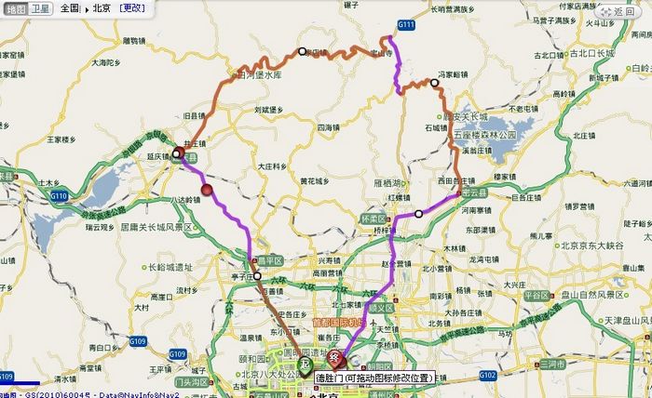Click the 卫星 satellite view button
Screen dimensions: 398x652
[40, 7]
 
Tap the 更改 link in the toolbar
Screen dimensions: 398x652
[132, 7]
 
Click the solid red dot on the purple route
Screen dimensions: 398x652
[207, 191]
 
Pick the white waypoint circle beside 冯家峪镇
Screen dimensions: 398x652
[434, 83]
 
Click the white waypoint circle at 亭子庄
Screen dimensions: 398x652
[258, 275]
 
